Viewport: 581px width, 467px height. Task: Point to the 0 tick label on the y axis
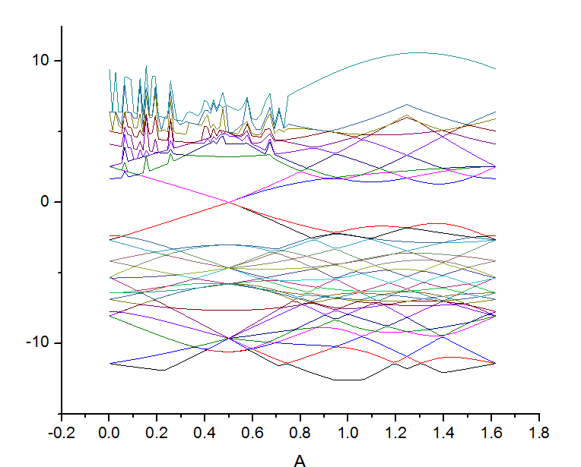(48, 201)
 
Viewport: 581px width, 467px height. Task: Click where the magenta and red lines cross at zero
(229, 201)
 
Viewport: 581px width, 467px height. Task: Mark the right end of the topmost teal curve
(496, 69)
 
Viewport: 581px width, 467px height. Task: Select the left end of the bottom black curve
(110, 363)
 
